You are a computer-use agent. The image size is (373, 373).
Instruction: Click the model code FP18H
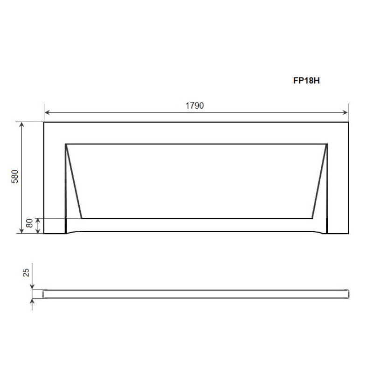[x=306, y=80]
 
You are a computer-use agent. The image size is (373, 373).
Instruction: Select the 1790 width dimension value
[x=196, y=105]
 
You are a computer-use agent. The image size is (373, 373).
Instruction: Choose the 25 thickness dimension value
[x=26, y=272]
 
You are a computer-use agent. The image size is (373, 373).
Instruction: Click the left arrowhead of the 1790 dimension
[x=47, y=112]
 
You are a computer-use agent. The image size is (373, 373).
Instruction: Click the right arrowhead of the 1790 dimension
[x=345, y=112]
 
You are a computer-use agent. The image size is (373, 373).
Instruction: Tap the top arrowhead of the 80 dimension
[x=38, y=221]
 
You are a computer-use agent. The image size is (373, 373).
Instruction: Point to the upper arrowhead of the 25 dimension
[x=32, y=287]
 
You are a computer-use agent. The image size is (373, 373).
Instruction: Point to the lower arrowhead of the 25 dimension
[x=32, y=302]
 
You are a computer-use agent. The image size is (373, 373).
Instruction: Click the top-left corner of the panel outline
[x=44, y=123]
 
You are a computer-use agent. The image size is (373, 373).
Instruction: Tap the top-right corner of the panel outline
[x=348, y=123]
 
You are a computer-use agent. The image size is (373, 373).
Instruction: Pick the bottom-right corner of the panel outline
[x=348, y=233]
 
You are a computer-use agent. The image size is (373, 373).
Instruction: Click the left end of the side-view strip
[x=45, y=294]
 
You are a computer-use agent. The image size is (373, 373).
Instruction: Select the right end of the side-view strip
[x=348, y=294]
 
